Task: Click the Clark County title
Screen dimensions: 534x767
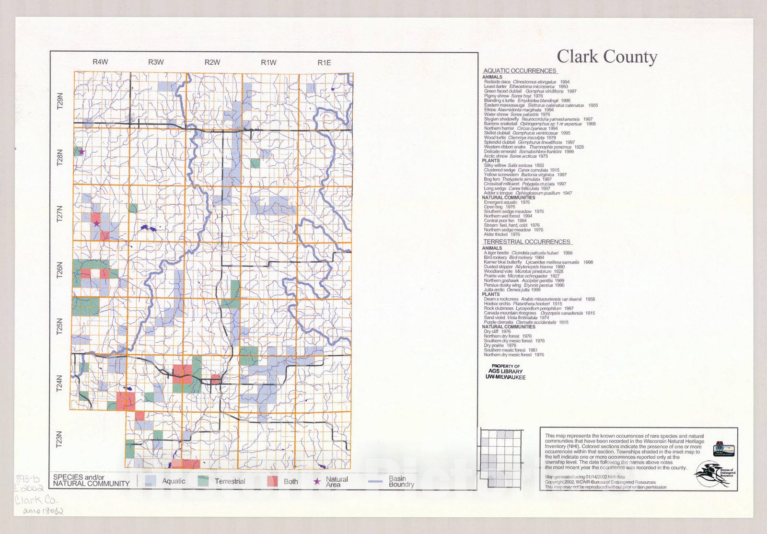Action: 606,57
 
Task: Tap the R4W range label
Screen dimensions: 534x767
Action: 100,62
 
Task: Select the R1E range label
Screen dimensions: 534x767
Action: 324,62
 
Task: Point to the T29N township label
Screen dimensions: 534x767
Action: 60,101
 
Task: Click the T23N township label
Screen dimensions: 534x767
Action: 59,439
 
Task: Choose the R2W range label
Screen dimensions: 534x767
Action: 212,62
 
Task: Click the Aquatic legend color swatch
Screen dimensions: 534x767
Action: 151,481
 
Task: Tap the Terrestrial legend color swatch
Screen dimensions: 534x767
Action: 203,481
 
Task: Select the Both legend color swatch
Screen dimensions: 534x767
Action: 272,481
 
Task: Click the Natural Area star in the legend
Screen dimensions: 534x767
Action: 317,481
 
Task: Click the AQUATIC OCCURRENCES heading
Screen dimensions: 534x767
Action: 519,70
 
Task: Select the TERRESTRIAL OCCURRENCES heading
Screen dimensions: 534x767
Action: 526,242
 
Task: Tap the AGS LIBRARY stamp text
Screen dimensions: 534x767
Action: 505,371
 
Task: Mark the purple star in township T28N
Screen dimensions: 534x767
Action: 81,151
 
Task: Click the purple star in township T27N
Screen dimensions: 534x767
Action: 96,223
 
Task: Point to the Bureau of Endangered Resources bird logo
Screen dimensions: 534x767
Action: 712,474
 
